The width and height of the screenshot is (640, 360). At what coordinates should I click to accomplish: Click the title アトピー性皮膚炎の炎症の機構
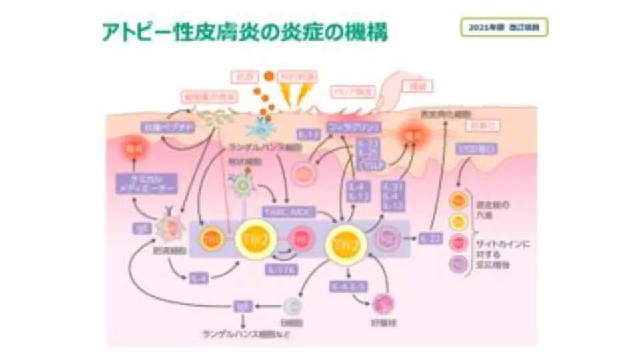pos(245,31)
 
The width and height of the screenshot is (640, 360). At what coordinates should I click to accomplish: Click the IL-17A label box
pos(281,269)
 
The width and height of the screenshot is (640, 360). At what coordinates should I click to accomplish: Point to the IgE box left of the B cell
pos(241,307)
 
